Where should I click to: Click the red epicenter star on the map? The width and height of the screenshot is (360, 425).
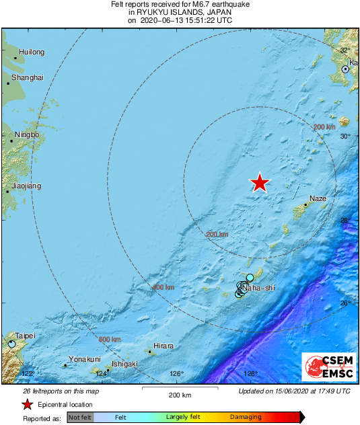point(260,182)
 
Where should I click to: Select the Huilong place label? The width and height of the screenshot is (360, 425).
point(32,52)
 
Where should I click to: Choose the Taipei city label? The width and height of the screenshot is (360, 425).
point(25,336)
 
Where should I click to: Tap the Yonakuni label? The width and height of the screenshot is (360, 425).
point(85,359)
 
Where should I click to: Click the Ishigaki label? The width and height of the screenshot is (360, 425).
point(124,364)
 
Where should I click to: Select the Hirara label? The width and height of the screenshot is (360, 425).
point(163,346)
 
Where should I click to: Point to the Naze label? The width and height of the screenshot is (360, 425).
point(318,199)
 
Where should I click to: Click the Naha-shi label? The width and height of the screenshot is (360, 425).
point(259,288)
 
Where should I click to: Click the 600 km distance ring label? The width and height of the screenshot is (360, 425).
point(110,340)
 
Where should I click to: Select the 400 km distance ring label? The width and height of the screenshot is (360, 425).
point(164,287)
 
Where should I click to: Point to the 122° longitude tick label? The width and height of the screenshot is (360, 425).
point(28,373)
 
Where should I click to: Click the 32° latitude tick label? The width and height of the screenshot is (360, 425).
point(346,50)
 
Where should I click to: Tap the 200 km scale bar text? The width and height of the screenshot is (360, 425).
point(180,394)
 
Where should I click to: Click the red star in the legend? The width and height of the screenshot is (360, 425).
point(27,404)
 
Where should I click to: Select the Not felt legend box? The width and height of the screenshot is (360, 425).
point(80,418)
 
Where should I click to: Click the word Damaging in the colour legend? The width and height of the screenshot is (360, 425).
point(246,418)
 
